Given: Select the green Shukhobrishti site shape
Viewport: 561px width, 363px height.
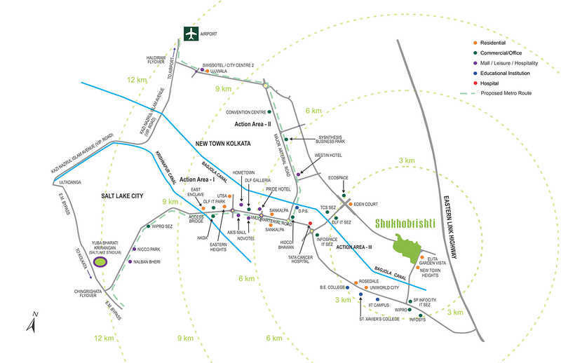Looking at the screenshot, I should (x=407, y=247).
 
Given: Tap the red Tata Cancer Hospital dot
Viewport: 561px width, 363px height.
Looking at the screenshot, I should (x=311, y=224).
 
